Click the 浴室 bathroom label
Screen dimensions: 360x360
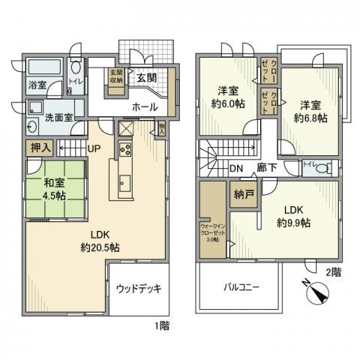37,85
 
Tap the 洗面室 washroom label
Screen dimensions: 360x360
57,117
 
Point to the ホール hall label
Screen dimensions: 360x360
145,106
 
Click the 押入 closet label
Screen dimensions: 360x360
40,148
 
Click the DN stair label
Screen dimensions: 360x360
235,168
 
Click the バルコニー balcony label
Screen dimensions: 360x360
240,286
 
